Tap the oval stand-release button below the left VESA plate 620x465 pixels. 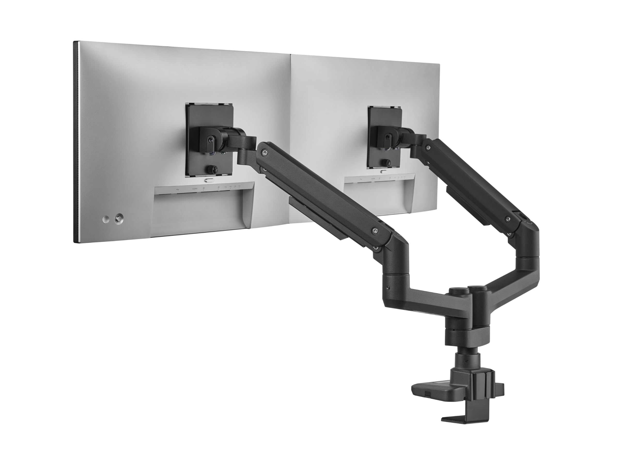pyautogui.click(x=209, y=180)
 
